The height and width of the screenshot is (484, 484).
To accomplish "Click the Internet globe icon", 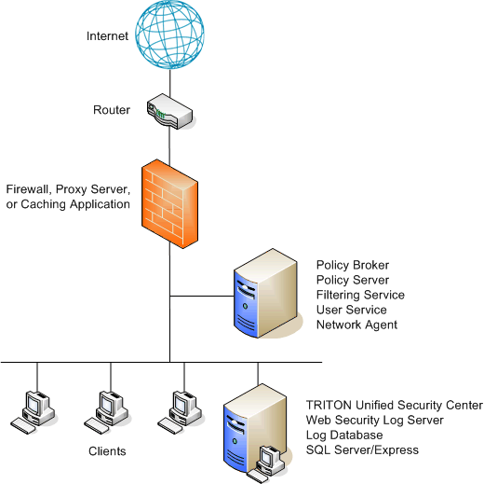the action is [169, 35].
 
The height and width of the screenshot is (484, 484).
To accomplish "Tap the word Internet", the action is [107, 36].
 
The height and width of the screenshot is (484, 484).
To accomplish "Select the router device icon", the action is [169, 111].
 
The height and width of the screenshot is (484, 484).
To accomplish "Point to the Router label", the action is [112, 110].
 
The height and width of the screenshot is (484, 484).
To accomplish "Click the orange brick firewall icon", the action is [169, 203].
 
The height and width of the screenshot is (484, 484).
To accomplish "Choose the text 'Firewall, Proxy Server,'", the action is [68, 189].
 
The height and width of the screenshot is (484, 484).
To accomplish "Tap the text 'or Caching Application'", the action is [68, 204].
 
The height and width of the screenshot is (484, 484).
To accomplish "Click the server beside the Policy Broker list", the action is [266, 293].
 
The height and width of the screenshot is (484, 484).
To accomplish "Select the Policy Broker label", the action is [353, 265].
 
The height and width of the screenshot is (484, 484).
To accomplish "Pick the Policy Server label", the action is [353, 280].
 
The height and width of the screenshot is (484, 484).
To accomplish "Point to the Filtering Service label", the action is [360, 295].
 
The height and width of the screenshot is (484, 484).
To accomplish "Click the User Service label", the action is [351, 310].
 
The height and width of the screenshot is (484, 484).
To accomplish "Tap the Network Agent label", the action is [356, 325].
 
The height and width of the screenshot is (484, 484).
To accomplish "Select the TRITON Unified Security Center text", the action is [395, 406].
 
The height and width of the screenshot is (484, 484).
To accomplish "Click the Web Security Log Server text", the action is [374, 421].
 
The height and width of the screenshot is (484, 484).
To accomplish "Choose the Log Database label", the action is [344, 436].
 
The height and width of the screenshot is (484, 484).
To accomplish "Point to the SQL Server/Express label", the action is [362, 450].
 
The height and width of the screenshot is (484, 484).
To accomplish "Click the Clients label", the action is [107, 451].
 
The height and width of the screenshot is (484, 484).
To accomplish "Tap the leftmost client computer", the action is [34, 412].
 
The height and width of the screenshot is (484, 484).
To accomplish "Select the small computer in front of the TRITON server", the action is [267, 464].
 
